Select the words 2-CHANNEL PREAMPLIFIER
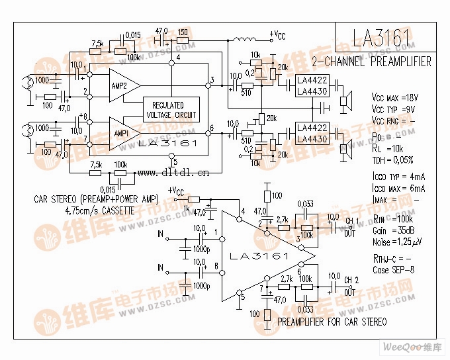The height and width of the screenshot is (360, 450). [371, 62]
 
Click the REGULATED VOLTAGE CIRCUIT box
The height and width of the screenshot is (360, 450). [171, 110]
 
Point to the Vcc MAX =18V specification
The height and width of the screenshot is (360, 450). [394, 97]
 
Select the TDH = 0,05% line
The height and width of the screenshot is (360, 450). [392, 159]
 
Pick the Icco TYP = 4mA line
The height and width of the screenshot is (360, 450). [398, 177]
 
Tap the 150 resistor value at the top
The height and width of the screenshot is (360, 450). [183, 31]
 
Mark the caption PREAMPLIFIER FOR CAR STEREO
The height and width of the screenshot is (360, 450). [332, 322]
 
